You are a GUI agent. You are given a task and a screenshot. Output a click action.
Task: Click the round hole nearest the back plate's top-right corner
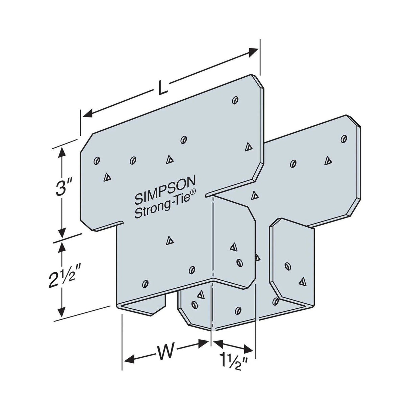(344, 138)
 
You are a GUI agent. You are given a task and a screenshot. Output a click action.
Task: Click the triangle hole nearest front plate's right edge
(248, 146)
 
